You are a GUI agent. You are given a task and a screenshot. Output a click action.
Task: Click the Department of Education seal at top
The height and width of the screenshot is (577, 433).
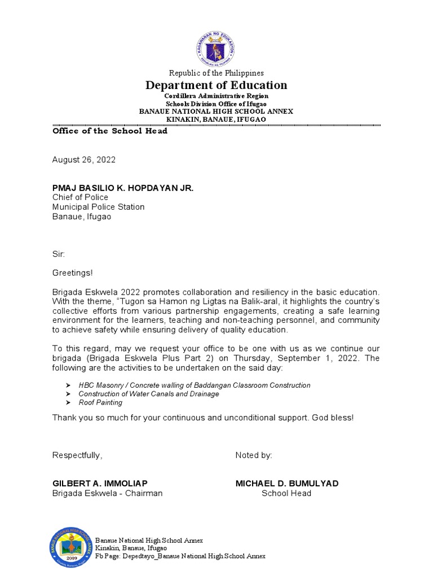point(215,48)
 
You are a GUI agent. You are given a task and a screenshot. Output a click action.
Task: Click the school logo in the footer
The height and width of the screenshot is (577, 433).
point(71,547)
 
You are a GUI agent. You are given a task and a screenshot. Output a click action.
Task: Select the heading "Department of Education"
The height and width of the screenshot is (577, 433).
point(216,85)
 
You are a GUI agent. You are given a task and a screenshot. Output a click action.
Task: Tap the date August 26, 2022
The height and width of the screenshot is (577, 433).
point(84,159)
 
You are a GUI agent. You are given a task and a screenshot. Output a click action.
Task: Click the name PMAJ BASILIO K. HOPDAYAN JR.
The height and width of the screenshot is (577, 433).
point(123,188)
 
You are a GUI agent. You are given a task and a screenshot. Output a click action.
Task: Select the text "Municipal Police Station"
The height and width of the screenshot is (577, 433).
point(99,207)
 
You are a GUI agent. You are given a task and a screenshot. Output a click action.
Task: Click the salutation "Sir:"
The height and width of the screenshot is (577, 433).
point(59,254)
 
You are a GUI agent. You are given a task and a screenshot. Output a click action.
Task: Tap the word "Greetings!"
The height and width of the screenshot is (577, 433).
point(73,273)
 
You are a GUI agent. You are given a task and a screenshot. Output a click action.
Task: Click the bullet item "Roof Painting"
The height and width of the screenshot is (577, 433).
point(100,402)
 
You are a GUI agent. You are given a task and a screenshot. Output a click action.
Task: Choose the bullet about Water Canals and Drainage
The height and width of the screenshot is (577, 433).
point(149,394)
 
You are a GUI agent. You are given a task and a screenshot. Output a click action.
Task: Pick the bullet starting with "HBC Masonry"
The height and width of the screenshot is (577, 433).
point(195,385)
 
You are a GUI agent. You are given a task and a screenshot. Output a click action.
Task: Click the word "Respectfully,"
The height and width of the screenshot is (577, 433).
point(78,455)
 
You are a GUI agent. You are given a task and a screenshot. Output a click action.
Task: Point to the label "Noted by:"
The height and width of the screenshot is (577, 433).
point(254,455)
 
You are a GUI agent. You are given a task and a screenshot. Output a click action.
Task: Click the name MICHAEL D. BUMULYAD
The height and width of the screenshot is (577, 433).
point(287,483)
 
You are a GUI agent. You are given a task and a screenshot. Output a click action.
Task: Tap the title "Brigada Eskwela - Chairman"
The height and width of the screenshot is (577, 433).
point(108,493)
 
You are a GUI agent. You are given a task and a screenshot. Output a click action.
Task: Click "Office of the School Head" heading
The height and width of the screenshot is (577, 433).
point(110,131)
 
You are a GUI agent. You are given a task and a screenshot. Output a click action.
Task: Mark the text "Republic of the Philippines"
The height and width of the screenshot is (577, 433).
point(216,73)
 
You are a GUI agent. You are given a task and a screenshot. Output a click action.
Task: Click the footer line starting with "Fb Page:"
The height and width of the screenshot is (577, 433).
point(180,556)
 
